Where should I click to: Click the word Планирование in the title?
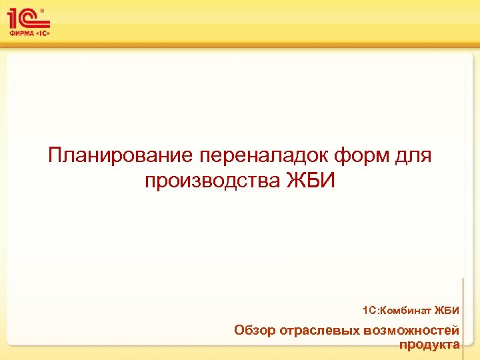coord(120,155)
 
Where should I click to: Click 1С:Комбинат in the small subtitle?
coord(396,311)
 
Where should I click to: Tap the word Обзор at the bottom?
coord(255,331)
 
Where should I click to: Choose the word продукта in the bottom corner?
coord(429,344)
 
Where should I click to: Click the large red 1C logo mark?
coord(26,18)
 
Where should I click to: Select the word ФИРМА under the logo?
coord(22,33)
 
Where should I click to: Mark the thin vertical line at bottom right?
coord(463,313)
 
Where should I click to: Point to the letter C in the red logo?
coord(33,19)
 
